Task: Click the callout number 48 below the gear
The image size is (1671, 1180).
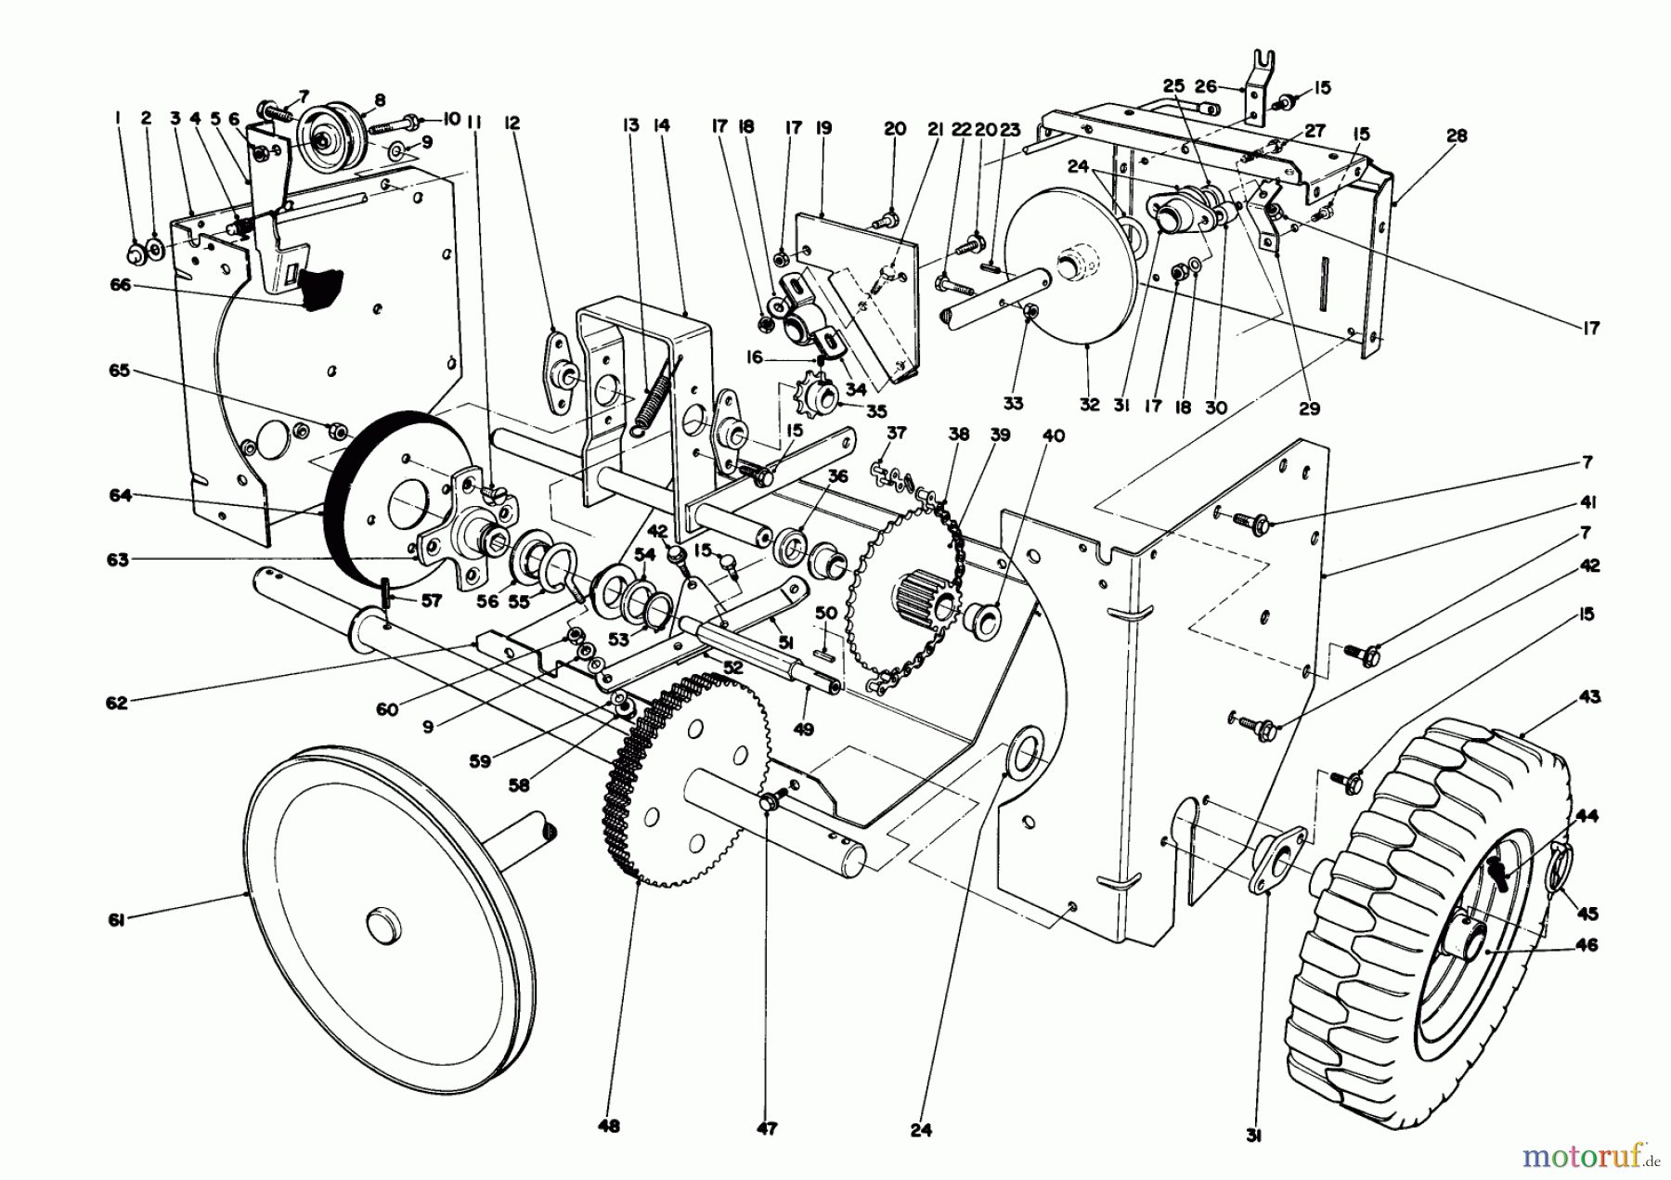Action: point(609,1126)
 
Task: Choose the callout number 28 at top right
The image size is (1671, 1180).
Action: point(1457,136)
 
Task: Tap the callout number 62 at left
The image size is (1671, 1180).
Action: point(117,703)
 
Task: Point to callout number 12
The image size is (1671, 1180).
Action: point(512,123)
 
